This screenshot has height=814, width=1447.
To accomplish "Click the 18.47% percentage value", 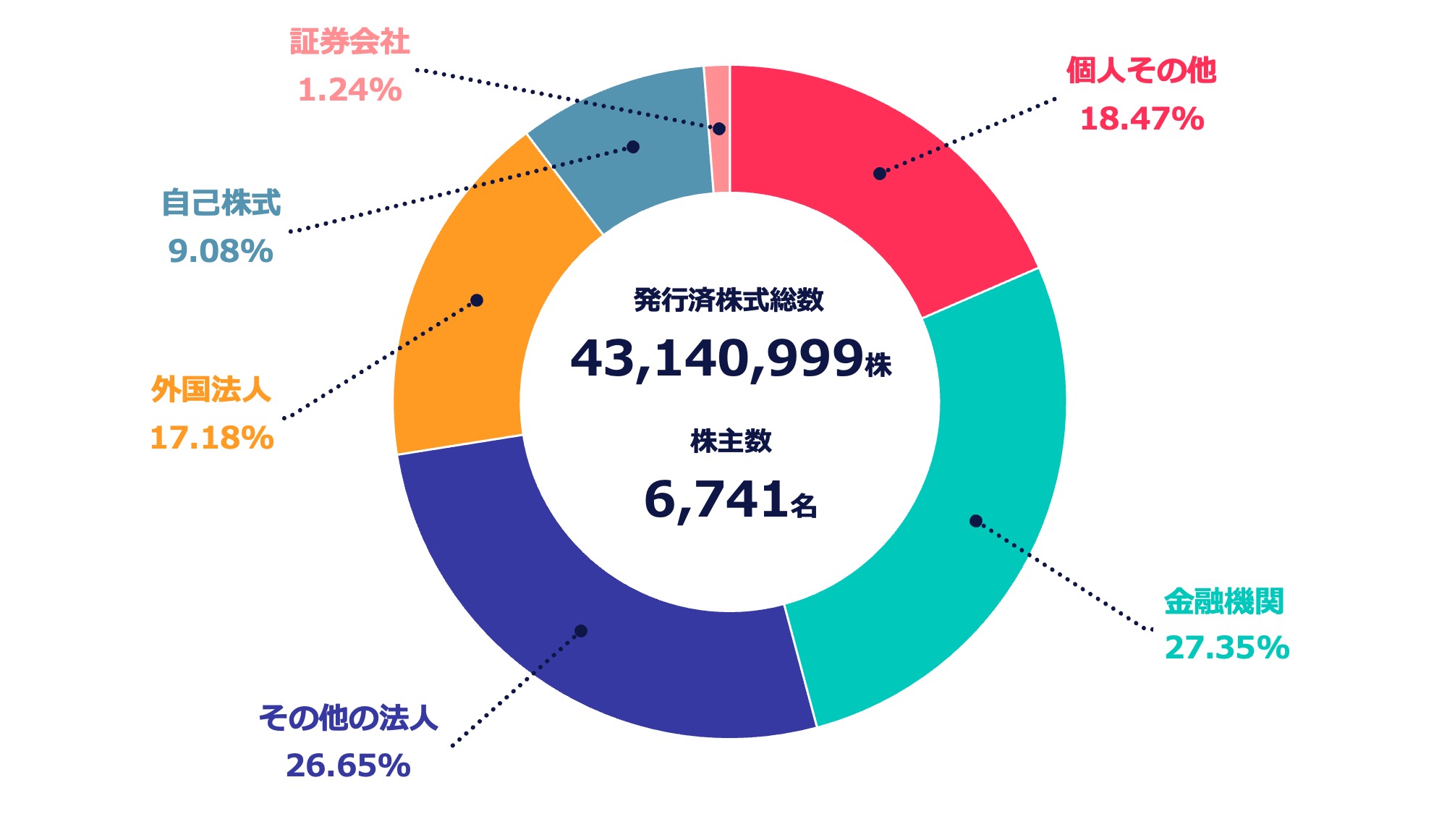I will pyautogui.click(x=1142, y=119).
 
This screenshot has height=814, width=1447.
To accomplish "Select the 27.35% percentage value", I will pyautogui.click(x=1226, y=648).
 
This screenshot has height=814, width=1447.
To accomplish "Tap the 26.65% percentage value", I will pyautogui.click(x=348, y=766).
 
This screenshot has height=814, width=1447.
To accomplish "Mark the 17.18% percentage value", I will pyautogui.click(x=211, y=438).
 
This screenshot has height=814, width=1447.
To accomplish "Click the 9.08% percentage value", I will pyautogui.click(x=220, y=251).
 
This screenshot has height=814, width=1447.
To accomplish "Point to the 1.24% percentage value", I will pyautogui.click(x=349, y=90).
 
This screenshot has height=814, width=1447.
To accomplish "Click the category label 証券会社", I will pyautogui.click(x=349, y=42).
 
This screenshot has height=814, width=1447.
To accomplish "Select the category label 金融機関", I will pyautogui.click(x=1223, y=601).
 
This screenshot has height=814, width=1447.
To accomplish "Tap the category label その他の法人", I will pyautogui.click(x=348, y=718).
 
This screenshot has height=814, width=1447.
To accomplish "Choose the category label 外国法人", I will pyautogui.click(x=211, y=390).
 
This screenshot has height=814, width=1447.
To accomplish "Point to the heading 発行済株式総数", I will pyautogui.click(x=729, y=300).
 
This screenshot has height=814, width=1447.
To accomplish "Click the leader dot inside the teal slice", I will pyautogui.click(x=975, y=521).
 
